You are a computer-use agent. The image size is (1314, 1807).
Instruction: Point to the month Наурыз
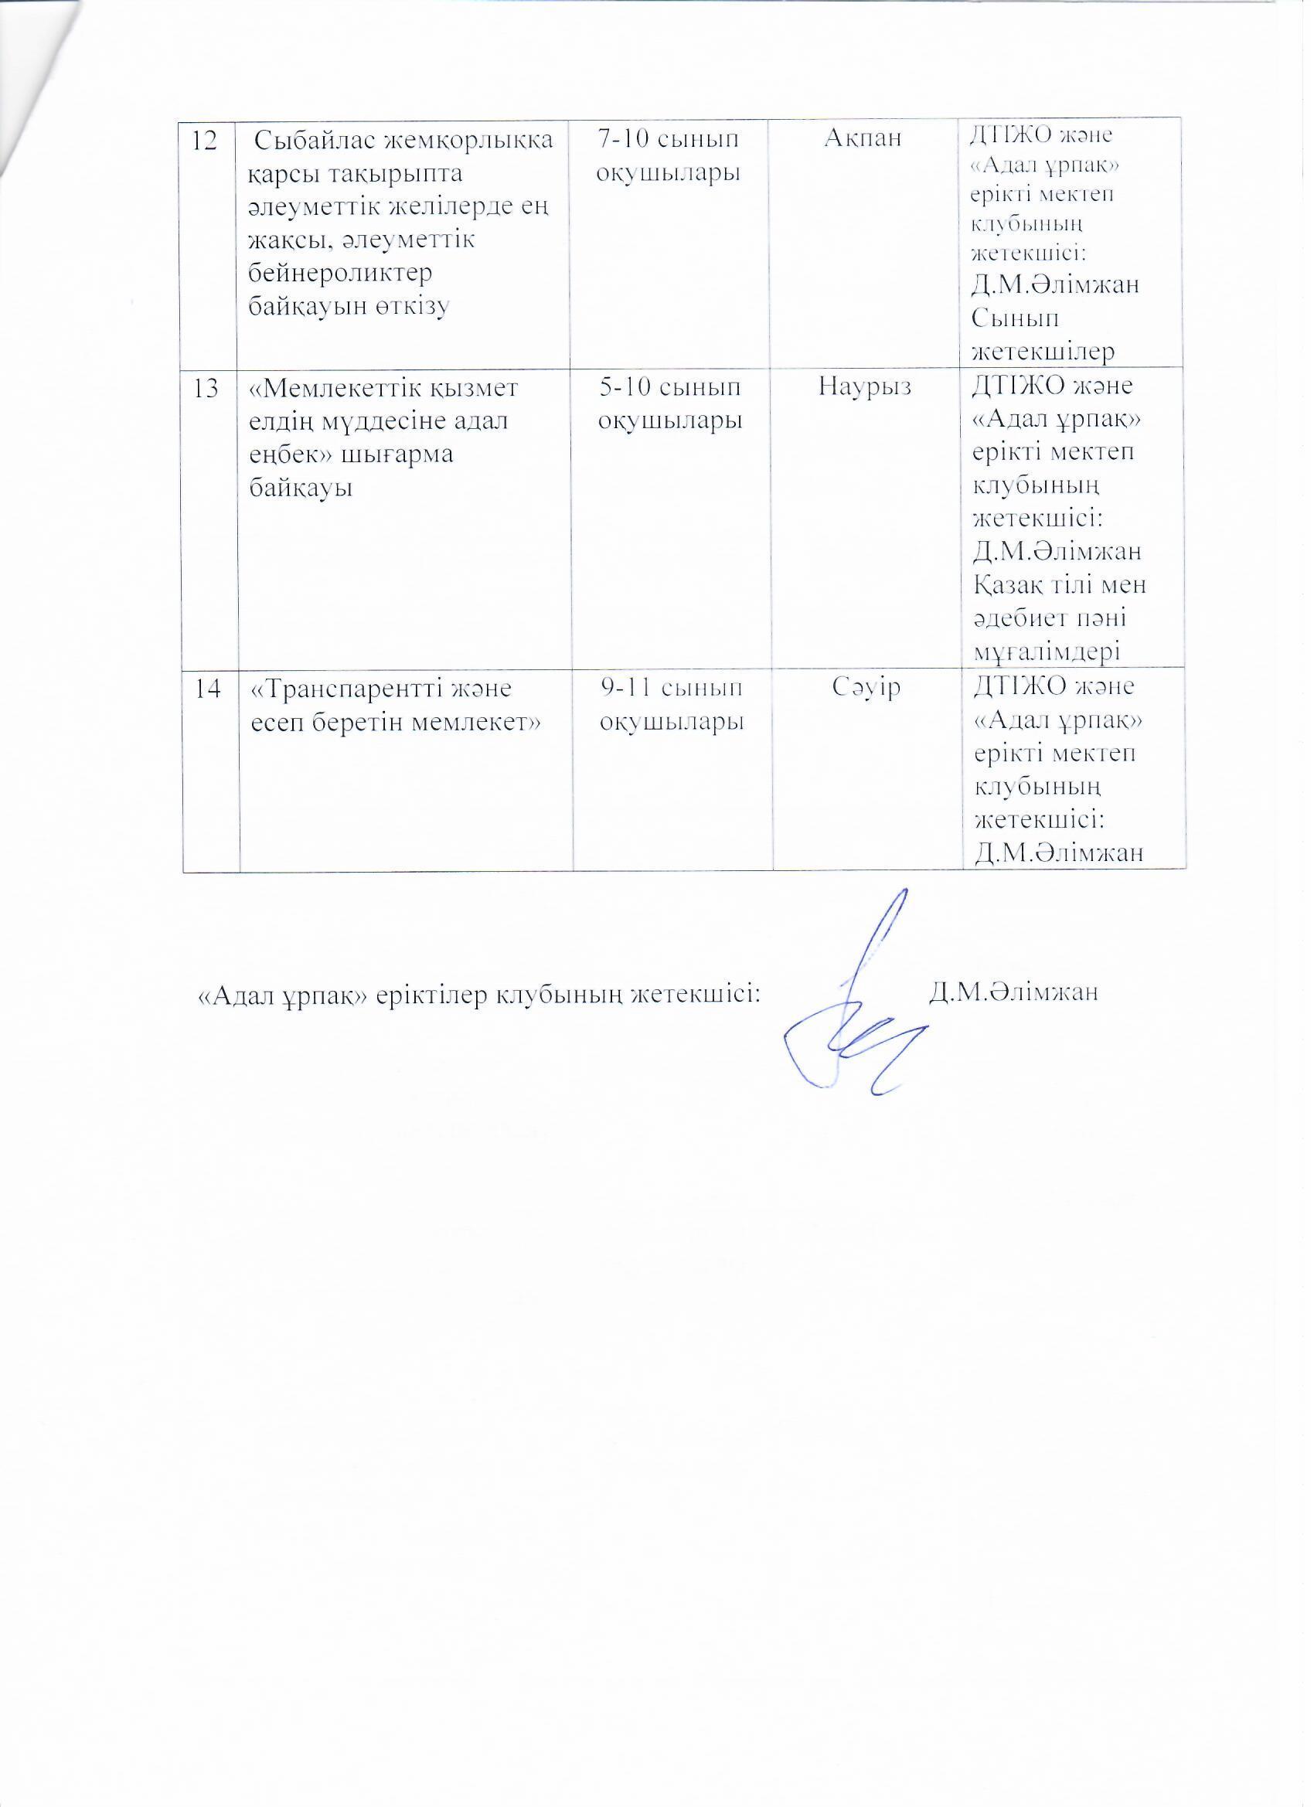(x=866, y=389)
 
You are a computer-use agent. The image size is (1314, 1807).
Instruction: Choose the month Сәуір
(x=866, y=688)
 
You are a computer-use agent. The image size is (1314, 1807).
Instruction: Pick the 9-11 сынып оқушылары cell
(x=671, y=704)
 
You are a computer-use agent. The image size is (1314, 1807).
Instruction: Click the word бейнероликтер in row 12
(x=341, y=273)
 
